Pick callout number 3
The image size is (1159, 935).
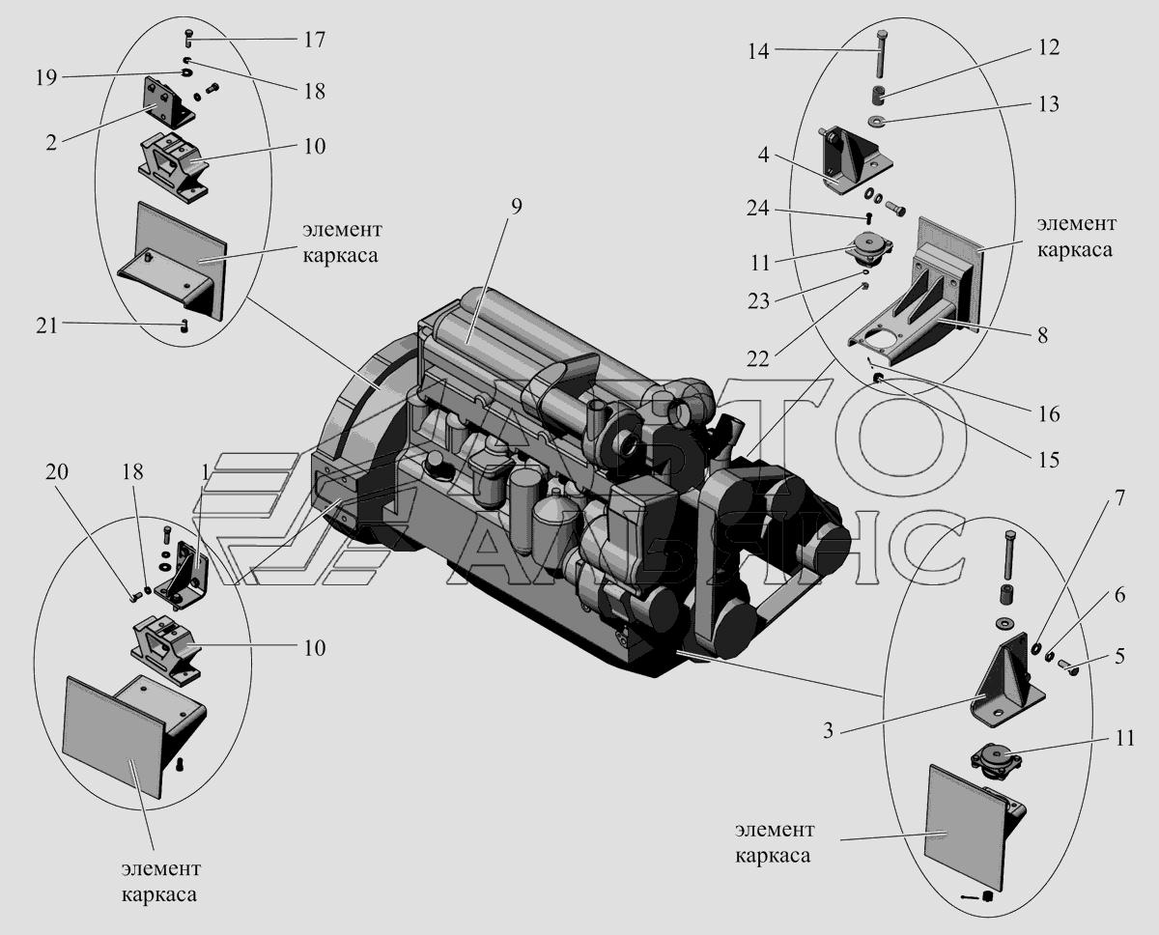829,730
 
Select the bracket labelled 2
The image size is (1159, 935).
166,102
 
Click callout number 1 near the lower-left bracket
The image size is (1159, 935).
206,472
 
